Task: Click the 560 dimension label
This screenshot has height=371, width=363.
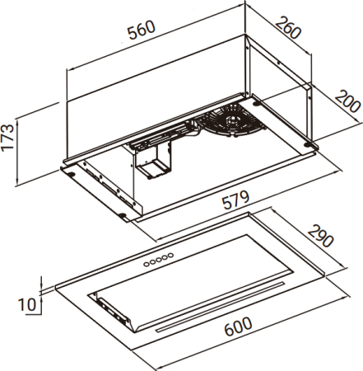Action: point(142,30)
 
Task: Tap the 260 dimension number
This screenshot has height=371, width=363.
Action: point(288,27)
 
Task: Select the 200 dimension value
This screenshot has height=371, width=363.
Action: point(347,101)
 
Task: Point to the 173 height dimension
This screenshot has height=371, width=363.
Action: point(7,137)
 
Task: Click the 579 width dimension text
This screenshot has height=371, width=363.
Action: point(236,200)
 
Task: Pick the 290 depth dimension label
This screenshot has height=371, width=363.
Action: point(320,236)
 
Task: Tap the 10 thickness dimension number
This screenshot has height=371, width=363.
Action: point(27,304)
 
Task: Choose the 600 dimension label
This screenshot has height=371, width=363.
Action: point(238,326)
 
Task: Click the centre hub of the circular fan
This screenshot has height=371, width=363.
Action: point(231,120)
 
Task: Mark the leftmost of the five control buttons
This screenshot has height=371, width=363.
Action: point(147,264)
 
